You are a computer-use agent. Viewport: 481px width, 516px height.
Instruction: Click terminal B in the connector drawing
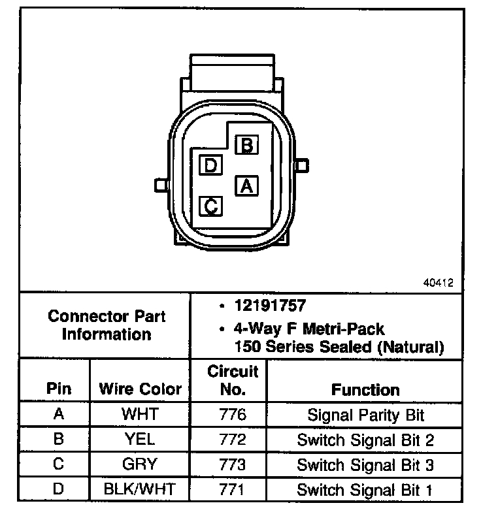coord(246,145)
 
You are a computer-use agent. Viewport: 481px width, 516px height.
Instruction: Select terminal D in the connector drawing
coord(210,165)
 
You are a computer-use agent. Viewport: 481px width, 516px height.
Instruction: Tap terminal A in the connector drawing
coord(246,186)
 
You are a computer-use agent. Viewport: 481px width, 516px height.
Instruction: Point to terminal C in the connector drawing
coord(210,206)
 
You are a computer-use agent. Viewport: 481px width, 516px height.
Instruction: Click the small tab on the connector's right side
coord(301,165)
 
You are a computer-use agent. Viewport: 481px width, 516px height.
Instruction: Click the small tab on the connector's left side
coord(159,185)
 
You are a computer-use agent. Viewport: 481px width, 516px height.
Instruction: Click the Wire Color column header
coord(141,389)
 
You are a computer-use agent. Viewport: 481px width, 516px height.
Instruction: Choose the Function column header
coord(365,390)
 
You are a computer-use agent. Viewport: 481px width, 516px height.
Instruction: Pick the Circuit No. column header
coord(233,381)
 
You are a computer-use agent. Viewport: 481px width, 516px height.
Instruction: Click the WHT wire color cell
coord(140,414)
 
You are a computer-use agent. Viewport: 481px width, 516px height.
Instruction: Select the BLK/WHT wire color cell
coord(140,490)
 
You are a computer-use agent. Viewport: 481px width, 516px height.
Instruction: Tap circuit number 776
coord(233,414)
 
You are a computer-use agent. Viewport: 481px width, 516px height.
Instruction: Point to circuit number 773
coord(233,465)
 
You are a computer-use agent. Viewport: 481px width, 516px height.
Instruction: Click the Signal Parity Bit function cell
coord(365,414)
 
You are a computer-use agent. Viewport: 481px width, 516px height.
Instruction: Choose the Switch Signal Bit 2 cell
coord(365,440)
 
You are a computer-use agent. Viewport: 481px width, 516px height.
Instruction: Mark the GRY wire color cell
coord(140,465)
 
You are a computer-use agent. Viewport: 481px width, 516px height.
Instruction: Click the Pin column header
coord(59,389)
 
